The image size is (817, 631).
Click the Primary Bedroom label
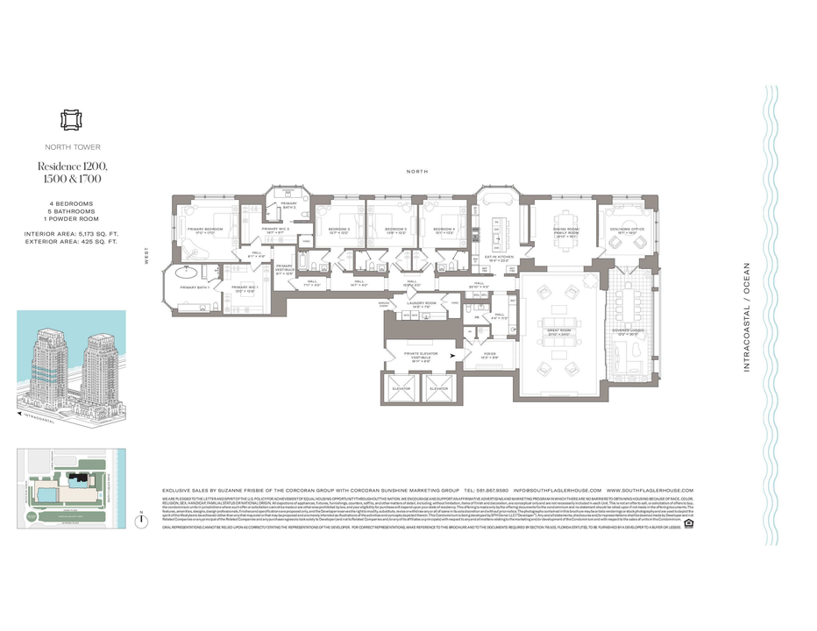click(x=205, y=230)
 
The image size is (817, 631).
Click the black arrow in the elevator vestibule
click(x=451, y=356)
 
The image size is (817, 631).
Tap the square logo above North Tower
click(x=69, y=120)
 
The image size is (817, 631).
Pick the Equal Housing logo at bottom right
click(x=688, y=524)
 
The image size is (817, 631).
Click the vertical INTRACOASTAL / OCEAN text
click(x=747, y=317)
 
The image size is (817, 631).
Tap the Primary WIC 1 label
click(x=243, y=287)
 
